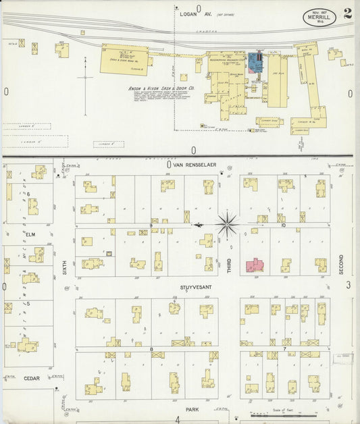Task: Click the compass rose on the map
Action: click(x=228, y=223)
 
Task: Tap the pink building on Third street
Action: click(x=254, y=265)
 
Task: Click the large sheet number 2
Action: click(x=346, y=14)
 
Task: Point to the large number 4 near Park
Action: click(x=178, y=419)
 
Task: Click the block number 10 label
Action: click(x=284, y=224)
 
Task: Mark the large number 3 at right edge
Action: click(x=349, y=286)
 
